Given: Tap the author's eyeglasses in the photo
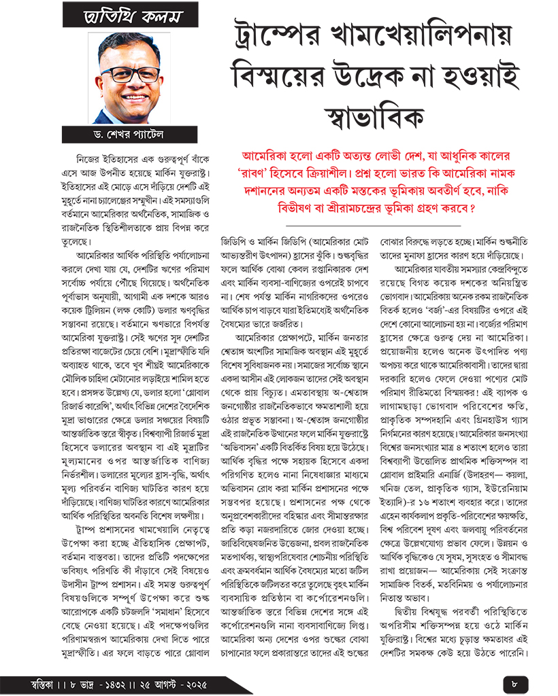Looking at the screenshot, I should tap(120, 74).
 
